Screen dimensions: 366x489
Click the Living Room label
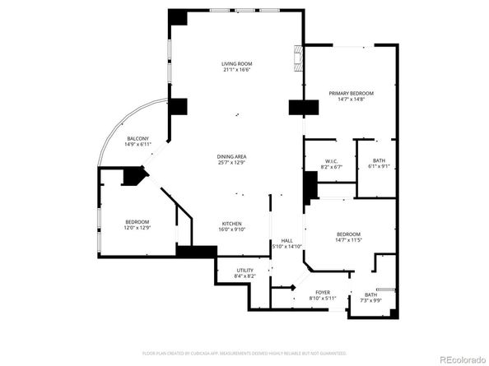[x=236, y=63]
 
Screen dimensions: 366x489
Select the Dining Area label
[x=231, y=156]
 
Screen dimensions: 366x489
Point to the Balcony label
[x=137, y=138]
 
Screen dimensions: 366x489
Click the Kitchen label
[x=231, y=224]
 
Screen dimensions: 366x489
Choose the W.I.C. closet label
[x=332, y=160]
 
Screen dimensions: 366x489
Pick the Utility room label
[x=244, y=270]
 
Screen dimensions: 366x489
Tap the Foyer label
[x=322, y=292]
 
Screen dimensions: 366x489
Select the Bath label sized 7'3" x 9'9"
[x=371, y=295]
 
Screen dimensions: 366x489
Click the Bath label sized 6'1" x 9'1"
[x=378, y=160]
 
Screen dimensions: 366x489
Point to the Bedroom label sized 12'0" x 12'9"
[x=137, y=222]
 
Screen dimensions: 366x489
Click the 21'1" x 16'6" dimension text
[x=236, y=70]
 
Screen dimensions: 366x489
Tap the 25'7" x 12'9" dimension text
[x=231, y=163]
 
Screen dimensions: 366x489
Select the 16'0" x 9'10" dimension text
[x=231, y=230]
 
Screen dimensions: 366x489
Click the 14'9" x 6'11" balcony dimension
[x=137, y=145]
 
